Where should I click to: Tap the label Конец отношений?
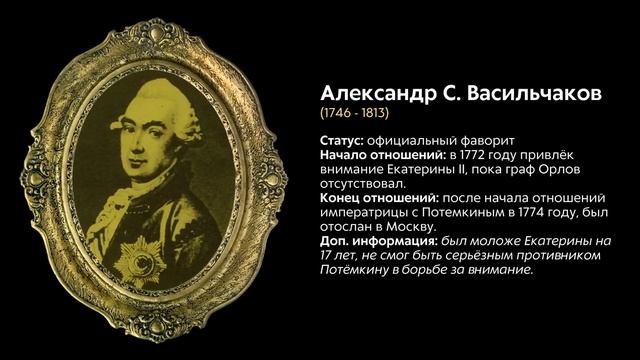click(x=377, y=198)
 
